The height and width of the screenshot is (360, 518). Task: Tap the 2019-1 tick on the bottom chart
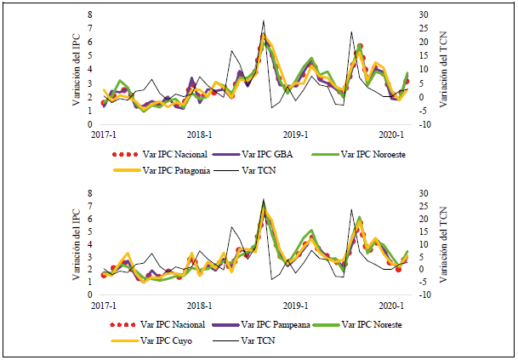[295, 305]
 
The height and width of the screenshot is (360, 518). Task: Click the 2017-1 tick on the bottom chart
[104, 305]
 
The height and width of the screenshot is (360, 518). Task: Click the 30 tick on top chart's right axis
[413, 14]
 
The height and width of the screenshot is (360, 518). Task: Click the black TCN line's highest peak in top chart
[264, 20]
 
